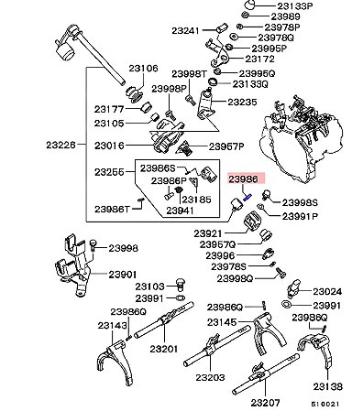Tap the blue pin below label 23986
click(x=247, y=197)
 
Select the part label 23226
click(x=60, y=145)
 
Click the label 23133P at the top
click(x=295, y=5)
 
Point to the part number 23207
click(x=265, y=403)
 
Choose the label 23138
click(x=327, y=386)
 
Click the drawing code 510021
click(x=325, y=404)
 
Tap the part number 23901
click(x=123, y=275)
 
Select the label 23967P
click(x=226, y=146)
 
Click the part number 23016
click(x=109, y=146)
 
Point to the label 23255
click(x=109, y=172)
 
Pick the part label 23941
click(x=180, y=211)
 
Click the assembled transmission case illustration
click(x=302, y=138)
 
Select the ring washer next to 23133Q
click(x=213, y=82)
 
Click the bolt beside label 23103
click(x=181, y=284)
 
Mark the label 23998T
click(x=190, y=74)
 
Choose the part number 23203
click(x=210, y=377)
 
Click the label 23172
click(x=260, y=59)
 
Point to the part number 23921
click(x=207, y=234)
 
